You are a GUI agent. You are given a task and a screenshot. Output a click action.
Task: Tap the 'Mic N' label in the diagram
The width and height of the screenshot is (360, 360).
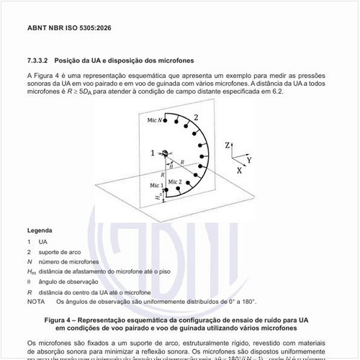(x=154, y=120)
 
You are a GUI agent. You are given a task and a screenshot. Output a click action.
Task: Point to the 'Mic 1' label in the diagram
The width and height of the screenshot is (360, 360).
(x=157, y=186)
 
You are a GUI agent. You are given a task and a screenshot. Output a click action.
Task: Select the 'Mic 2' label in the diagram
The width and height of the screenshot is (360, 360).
(x=175, y=181)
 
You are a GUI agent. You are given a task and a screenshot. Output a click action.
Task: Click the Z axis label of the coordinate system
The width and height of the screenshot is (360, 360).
(x=227, y=145)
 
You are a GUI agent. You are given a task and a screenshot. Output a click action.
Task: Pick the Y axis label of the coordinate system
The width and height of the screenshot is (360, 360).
(x=248, y=158)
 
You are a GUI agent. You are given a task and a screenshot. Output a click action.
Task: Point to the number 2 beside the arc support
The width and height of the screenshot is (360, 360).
(x=195, y=115)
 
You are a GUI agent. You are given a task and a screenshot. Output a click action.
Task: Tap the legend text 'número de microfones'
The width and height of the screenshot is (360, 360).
(x=69, y=261)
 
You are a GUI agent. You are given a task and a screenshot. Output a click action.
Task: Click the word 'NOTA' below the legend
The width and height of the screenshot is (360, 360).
(x=35, y=302)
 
